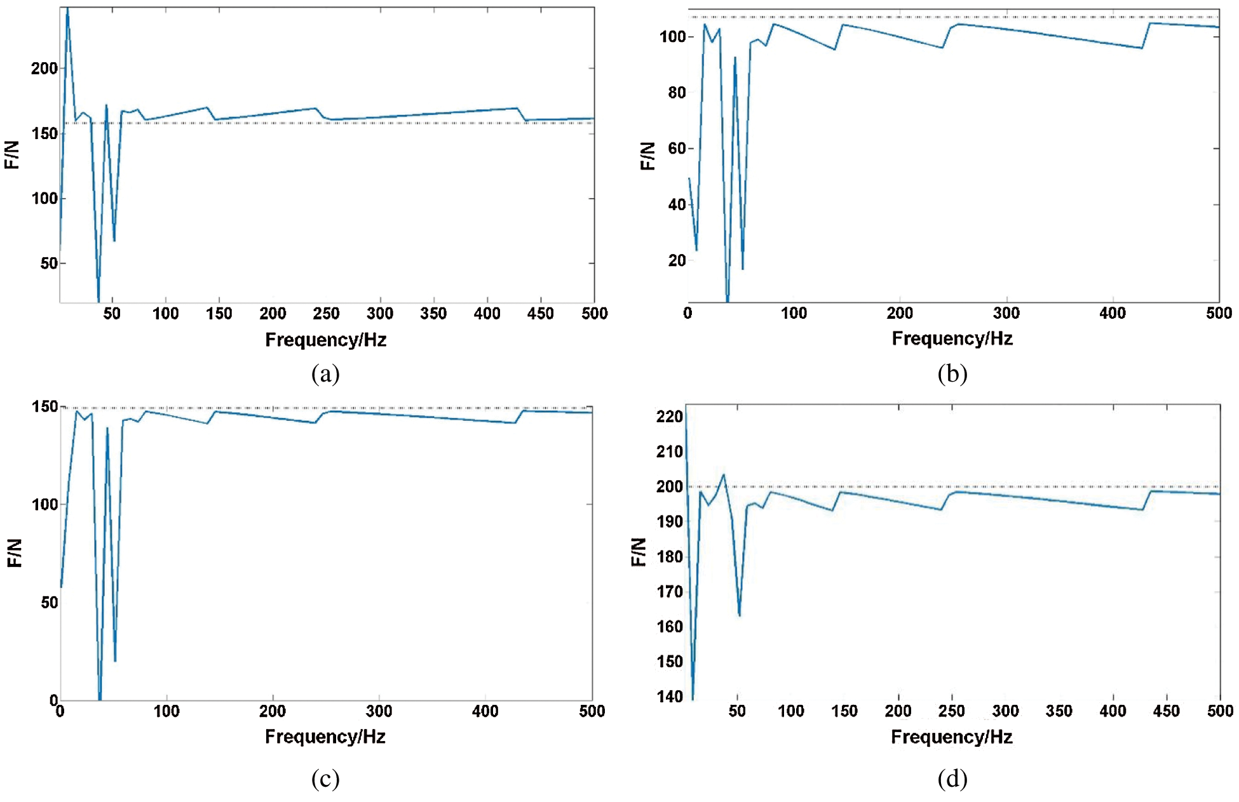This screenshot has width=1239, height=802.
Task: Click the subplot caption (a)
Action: point(325,374)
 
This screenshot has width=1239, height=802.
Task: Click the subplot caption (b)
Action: point(952,374)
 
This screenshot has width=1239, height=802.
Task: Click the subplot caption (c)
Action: point(325,778)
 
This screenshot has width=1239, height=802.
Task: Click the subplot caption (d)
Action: point(952,778)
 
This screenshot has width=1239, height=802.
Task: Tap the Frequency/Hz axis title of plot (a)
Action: point(325,340)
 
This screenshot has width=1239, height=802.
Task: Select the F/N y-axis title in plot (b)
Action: point(647,156)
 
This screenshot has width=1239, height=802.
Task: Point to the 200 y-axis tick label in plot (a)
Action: point(44,69)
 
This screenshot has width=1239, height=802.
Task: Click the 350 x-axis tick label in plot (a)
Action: point(433,314)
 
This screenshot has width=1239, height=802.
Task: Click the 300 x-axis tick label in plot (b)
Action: point(1006,314)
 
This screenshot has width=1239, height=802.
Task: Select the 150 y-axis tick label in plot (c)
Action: point(44,407)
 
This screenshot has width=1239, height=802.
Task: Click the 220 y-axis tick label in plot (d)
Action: point(669,417)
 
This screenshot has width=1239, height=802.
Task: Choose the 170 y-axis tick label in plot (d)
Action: point(669,592)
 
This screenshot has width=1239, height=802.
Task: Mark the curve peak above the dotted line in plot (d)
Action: point(723,475)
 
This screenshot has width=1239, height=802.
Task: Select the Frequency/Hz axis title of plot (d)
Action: point(951,737)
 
